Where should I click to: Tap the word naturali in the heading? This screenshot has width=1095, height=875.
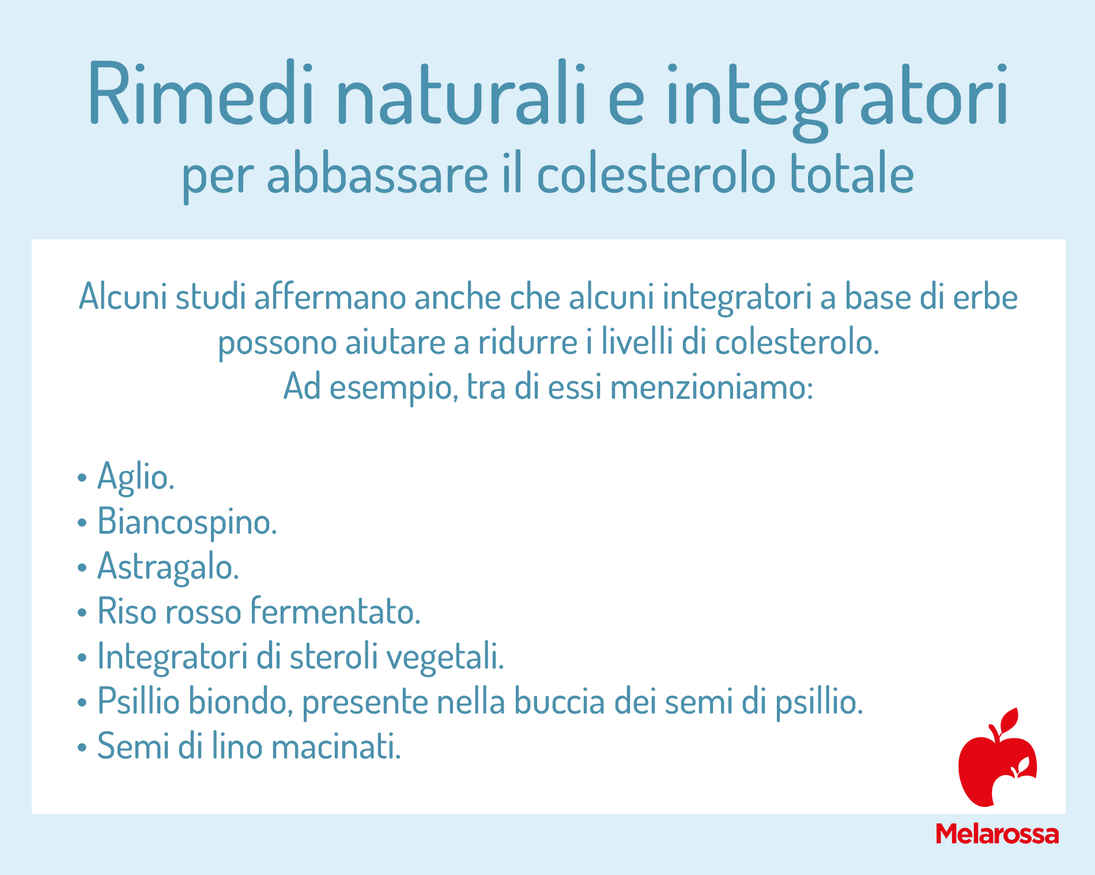pos(461,93)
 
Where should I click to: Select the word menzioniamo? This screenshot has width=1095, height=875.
pos(711,387)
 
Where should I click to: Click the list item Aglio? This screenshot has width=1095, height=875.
pos(135,477)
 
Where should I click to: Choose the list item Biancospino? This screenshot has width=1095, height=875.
pos(187,522)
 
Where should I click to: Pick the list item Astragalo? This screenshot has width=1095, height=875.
pos(168,567)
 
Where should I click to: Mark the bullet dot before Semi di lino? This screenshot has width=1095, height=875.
pos(82,748)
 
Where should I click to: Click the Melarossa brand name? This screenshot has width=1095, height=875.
pos(997,834)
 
